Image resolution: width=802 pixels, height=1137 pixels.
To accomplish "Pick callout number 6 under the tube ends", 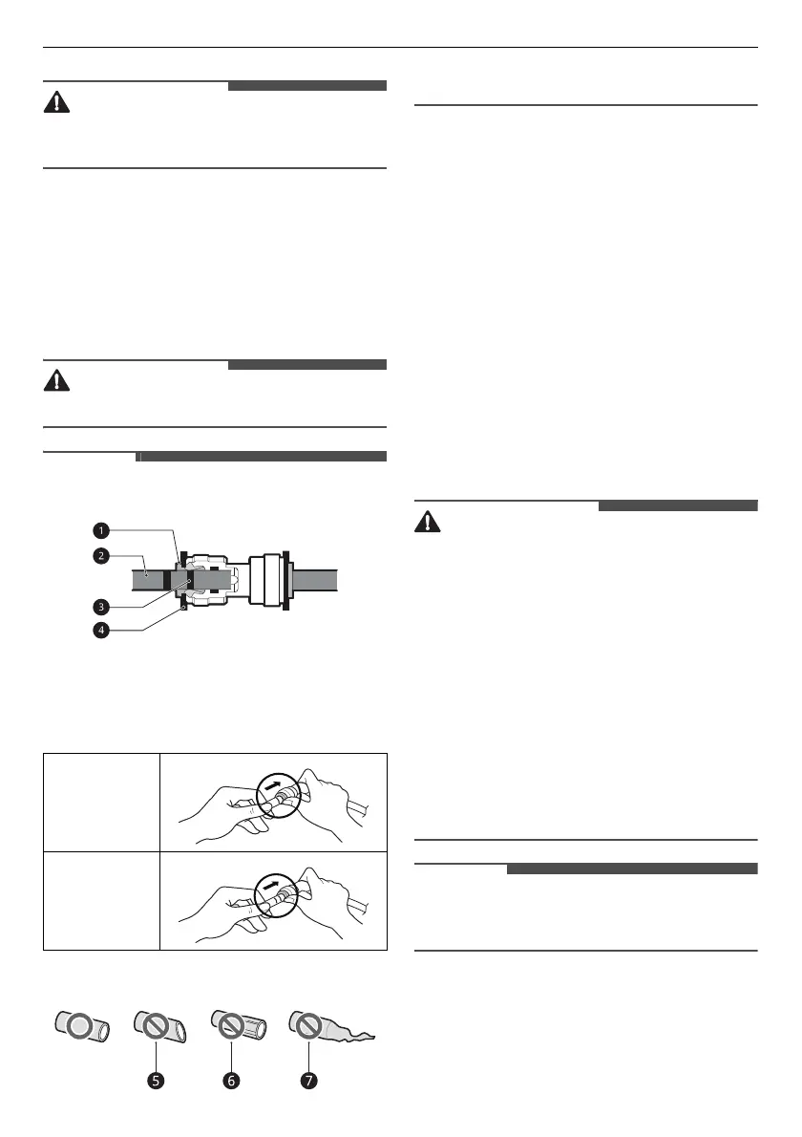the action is [x=232, y=1083].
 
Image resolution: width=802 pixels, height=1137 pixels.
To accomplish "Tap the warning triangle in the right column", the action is [x=429, y=523].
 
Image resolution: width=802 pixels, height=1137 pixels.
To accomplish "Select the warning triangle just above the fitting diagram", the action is [x=58, y=381].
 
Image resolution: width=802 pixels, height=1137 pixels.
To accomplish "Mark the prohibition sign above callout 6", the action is [x=229, y=1028].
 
